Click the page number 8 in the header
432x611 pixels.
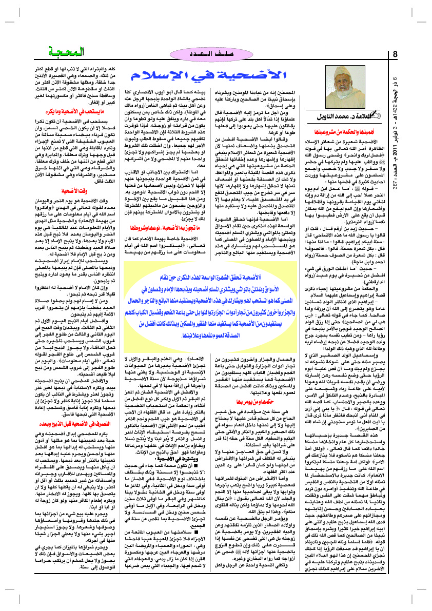[395, 54]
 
